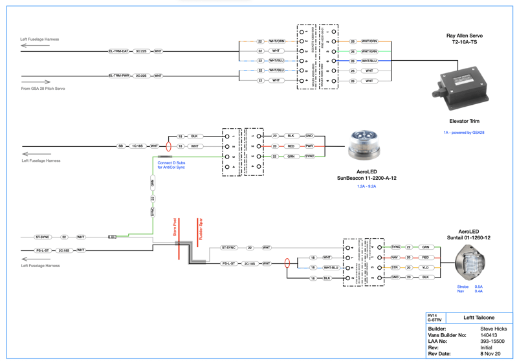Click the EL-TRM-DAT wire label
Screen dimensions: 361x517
(118, 50)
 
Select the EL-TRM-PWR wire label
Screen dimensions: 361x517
(119, 76)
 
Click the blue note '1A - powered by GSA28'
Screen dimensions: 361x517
(464, 133)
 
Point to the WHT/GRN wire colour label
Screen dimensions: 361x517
(369, 51)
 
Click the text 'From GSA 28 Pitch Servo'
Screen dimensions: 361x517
(43, 89)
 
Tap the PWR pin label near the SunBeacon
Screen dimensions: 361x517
(309, 146)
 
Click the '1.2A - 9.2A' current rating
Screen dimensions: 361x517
(366, 186)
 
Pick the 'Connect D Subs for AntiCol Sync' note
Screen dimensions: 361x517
(171, 165)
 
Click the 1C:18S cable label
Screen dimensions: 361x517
(137, 146)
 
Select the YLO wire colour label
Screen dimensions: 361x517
(425, 267)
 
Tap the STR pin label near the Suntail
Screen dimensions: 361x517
(395, 267)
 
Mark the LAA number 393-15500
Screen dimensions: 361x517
(492, 342)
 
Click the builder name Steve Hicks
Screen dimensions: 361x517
(494, 329)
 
